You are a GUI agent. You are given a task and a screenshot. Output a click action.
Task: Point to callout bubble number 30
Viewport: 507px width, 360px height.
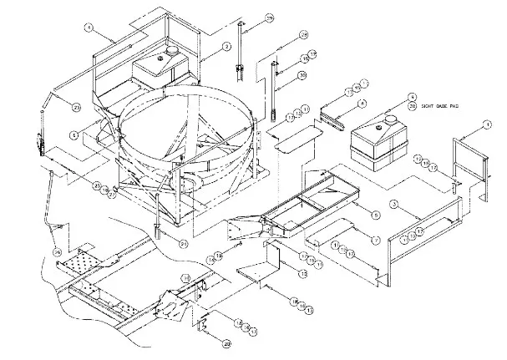[x=302, y=75]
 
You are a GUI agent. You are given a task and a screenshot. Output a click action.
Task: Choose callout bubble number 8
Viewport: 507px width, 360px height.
[x=363, y=103]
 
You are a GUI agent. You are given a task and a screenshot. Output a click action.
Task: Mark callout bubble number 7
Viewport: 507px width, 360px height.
[x=375, y=241]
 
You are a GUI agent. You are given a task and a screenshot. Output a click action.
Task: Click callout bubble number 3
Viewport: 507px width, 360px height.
[x=403, y=203]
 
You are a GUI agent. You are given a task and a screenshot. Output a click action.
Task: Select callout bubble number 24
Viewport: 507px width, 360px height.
[x=57, y=252]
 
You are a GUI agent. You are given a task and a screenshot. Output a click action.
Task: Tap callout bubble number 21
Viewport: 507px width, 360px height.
[x=182, y=243]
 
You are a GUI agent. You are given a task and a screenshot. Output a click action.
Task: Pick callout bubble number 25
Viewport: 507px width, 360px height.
[x=98, y=185]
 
